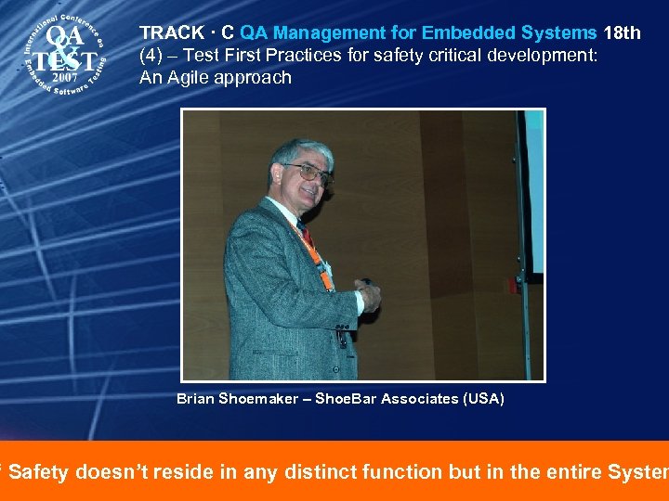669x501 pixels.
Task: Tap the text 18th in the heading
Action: pos(622,33)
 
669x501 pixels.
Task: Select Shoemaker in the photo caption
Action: pos(261,399)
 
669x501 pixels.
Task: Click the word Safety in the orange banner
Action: pos(39,472)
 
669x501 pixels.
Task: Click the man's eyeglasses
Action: pos(308,172)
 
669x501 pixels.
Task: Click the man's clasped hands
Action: pos(368,295)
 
